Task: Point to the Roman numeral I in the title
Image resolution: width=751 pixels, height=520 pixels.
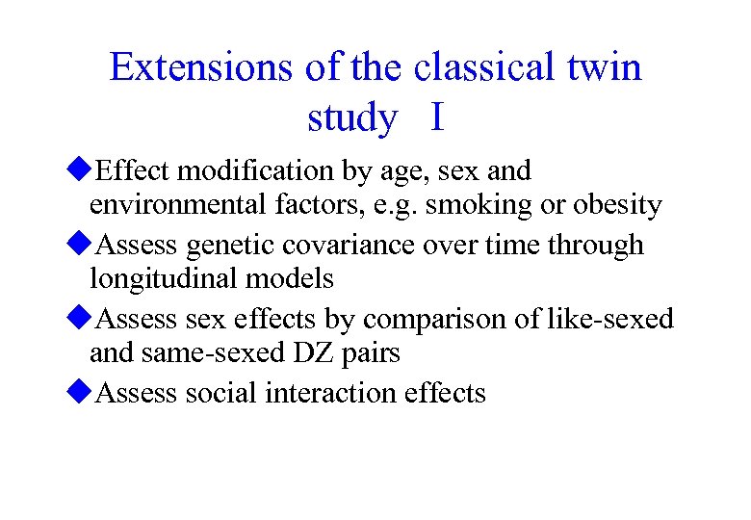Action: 438,117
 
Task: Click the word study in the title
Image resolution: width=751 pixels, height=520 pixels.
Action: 351,119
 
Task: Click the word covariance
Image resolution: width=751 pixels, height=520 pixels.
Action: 350,246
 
